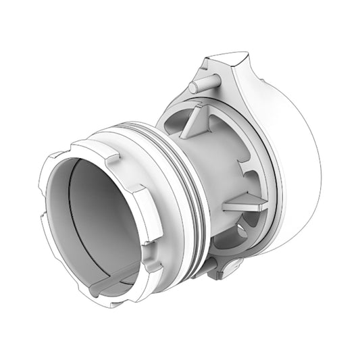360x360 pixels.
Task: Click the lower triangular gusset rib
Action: (244, 201)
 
